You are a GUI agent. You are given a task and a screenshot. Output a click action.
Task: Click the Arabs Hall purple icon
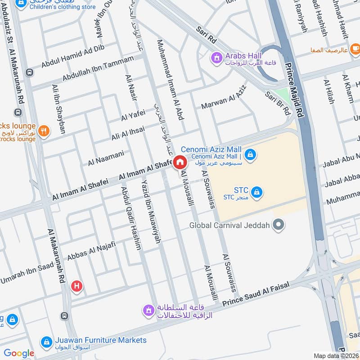coord(217,57)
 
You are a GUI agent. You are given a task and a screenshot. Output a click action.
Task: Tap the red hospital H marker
coord(77,286)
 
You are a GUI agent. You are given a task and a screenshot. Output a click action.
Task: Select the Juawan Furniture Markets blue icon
coord(46,342)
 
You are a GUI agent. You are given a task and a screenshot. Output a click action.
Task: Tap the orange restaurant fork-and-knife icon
coord(44,131)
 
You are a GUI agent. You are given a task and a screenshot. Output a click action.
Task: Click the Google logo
coord(19,354)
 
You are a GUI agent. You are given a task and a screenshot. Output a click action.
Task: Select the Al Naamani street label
coord(106,157)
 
